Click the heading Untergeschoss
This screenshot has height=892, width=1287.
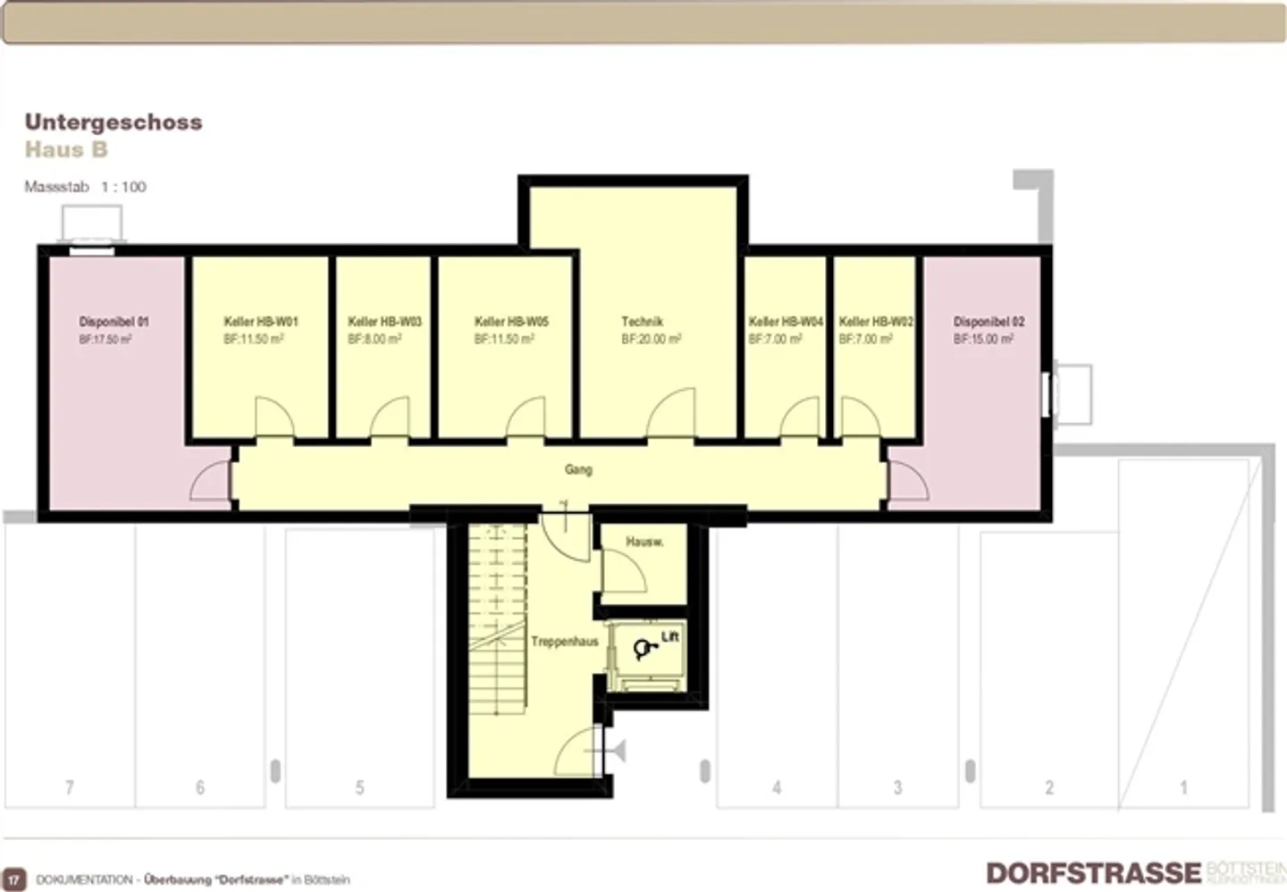[114, 122]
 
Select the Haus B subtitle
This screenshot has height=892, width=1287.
[66, 149]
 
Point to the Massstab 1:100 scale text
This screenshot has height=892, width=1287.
[85, 187]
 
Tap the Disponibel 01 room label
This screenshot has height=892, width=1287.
[114, 322]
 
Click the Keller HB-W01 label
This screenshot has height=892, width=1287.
[260, 322]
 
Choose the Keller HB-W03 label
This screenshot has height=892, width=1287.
[384, 322]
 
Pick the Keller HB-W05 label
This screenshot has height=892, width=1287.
[511, 322]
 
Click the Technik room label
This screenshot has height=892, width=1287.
[642, 322]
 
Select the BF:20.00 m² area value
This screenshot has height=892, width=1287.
[651, 340]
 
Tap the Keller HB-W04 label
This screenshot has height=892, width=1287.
[785, 322]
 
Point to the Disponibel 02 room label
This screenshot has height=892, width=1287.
[988, 322]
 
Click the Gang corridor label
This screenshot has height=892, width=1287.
[578, 469]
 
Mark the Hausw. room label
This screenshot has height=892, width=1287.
[643, 542]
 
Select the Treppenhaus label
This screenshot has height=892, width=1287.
[564, 641]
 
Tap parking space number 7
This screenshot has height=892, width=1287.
[70, 787]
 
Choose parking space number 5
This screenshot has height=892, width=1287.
[359, 787]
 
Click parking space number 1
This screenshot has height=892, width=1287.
[1183, 787]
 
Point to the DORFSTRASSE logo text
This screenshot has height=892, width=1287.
[1093, 872]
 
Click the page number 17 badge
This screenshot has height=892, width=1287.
[14, 879]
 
